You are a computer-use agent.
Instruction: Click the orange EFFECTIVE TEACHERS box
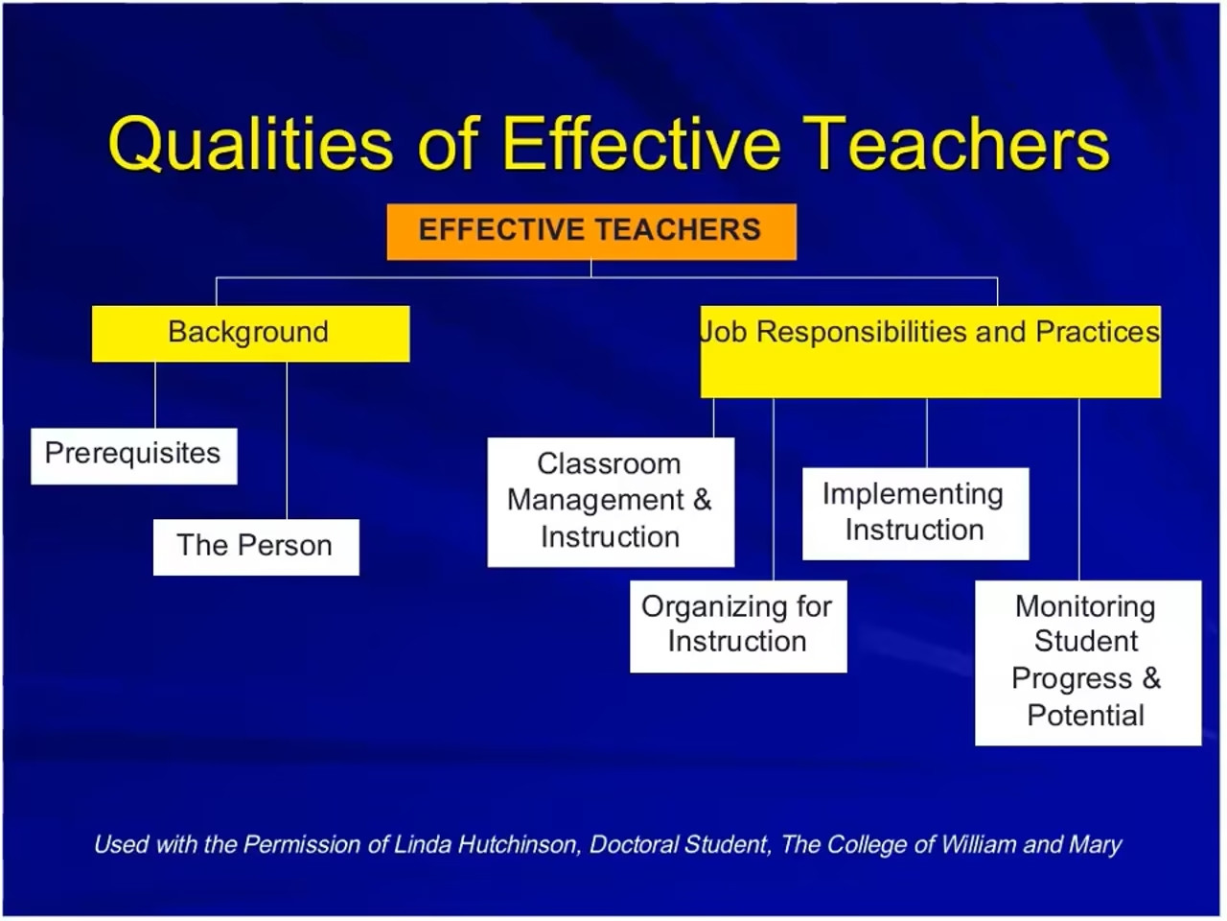click(x=590, y=231)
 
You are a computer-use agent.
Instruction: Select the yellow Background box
click(x=250, y=333)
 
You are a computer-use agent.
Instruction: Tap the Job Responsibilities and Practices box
click(x=930, y=351)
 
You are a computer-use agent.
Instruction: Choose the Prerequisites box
click(x=133, y=455)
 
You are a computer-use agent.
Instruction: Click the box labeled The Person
click(x=255, y=547)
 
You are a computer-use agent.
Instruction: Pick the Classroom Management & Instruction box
click(x=611, y=502)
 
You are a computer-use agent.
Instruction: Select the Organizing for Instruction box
click(x=737, y=626)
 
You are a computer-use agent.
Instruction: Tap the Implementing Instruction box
click(x=914, y=513)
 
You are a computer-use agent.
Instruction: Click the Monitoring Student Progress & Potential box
click(x=1087, y=662)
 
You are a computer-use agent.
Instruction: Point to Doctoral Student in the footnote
click(x=679, y=845)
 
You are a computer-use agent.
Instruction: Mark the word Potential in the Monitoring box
click(x=1085, y=716)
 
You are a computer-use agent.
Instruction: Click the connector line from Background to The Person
click(x=287, y=441)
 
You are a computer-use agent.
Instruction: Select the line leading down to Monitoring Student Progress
click(x=1079, y=489)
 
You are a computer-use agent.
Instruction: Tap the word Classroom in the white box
click(x=609, y=464)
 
